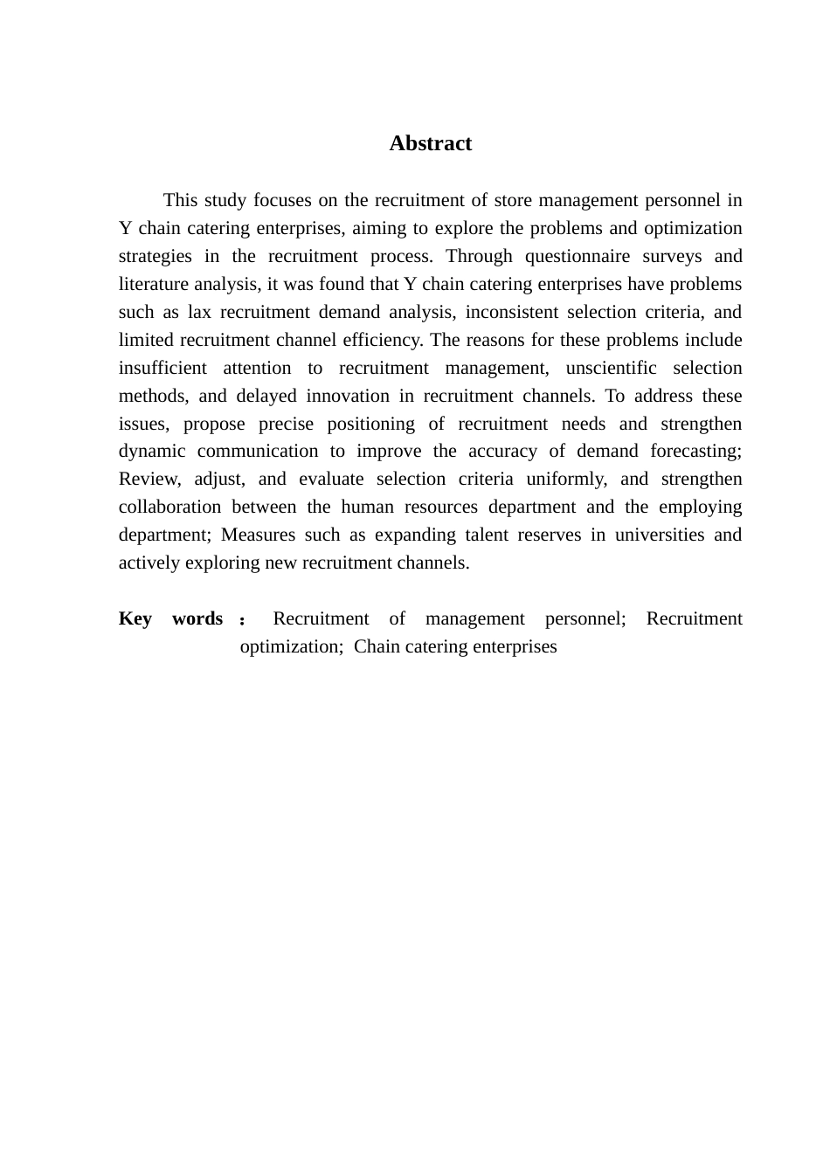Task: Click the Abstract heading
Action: pyautogui.click(x=430, y=143)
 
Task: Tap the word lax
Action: pyautogui.click(x=199, y=312)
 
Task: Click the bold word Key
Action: pyautogui.click(x=135, y=618)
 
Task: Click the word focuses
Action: pyautogui.click(x=282, y=200)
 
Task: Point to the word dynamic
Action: pyautogui.click(x=152, y=451)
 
